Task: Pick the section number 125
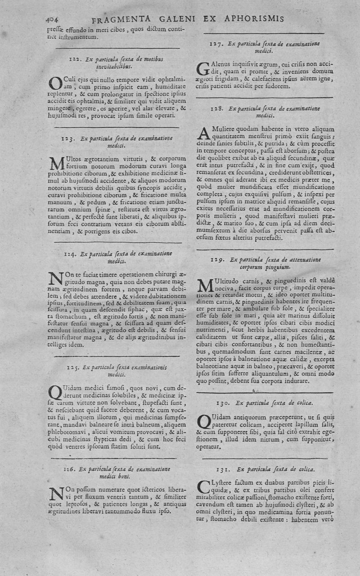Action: tap(73, 367)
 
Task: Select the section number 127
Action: tap(218, 44)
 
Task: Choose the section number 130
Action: tap(224, 402)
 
